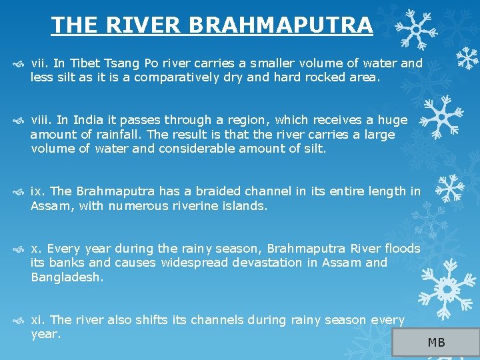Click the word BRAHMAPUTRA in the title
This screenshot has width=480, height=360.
pyautogui.click(x=280, y=25)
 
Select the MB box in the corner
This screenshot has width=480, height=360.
pyautogui.click(x=436, y=343)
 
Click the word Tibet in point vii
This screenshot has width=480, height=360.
pyautogui.click(x=83, y=63)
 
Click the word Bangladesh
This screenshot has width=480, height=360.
pyautogui.click(x=67, y=277)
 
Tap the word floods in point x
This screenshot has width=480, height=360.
pyautogui.click(x=402, y=249)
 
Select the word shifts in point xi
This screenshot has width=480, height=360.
pyautogui.click(x=153, y=320)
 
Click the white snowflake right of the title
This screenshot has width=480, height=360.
pyautogui.click(x=415, y=28)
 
